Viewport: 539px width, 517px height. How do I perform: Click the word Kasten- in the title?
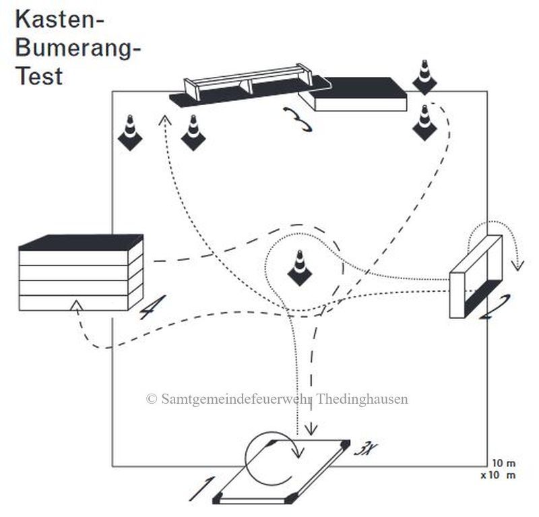pos(59,20)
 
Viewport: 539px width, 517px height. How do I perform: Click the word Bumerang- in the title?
pos(78,48)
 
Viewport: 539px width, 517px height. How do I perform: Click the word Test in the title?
pos(39,76)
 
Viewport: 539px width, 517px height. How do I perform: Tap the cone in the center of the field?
pos(300,268)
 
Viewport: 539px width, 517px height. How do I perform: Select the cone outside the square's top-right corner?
pos(424,78)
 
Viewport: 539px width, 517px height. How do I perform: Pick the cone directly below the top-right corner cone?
pos(424,123)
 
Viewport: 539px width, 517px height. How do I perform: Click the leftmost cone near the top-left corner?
pos(130,133)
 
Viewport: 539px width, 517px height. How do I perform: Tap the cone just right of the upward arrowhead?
pos(193,133)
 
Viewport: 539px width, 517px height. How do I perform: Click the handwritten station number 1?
pos(202,489)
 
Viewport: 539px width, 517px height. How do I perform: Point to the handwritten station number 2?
pos(495,307)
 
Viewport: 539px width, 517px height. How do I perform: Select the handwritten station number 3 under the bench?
pos(298,119)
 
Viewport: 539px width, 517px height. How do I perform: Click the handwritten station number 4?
pos(152,307)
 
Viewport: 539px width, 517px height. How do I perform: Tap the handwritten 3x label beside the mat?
pos(366,449)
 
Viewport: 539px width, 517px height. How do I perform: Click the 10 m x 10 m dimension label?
pos(499,469)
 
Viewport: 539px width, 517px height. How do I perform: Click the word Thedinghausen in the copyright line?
pos(362,399)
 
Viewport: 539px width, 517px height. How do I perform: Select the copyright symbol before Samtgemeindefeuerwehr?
pos(152,399)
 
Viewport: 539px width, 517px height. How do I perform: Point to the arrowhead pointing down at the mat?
pos(311,429)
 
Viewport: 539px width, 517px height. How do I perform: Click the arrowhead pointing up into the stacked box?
pos(77,305)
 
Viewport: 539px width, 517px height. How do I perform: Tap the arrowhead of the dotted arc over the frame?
pos(517,266)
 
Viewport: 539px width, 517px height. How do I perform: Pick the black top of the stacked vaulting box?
pos(81,242)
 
